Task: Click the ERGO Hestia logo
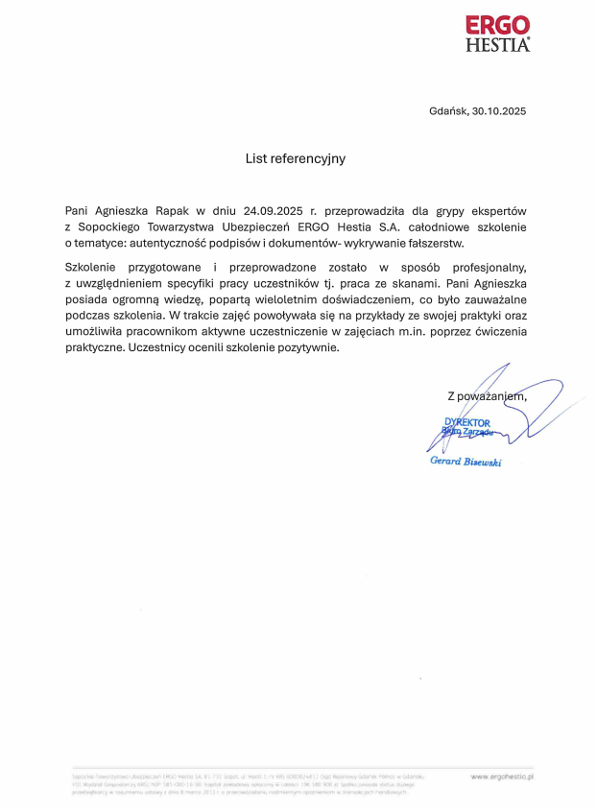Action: (x=497, y=34)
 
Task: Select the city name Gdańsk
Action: (x=448, y=111)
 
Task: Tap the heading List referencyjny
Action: (x=295, y=158)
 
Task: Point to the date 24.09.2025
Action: (x=274, y=210)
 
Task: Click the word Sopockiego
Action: (x=111, y=226)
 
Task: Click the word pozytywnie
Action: (x=307, y=347)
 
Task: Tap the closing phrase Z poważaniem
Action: (x=487, y=396)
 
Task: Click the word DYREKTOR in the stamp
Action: (x=467, y=422)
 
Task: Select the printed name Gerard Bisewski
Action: (x=466, y=462)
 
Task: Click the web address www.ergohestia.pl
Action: (x=502, y=774)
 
